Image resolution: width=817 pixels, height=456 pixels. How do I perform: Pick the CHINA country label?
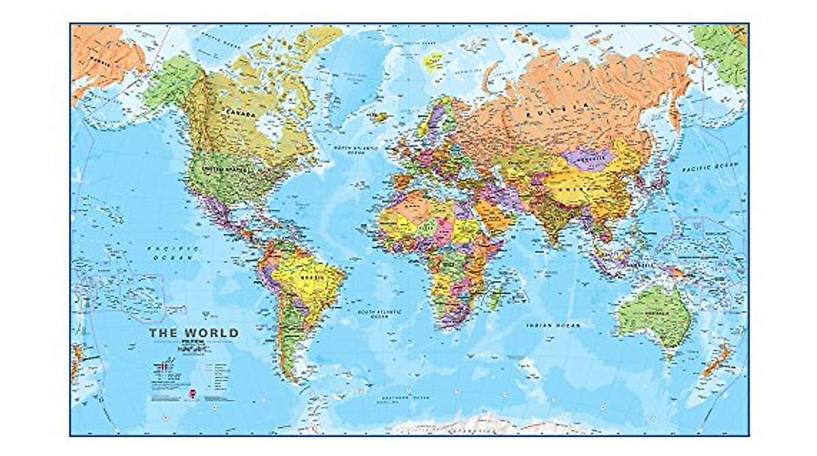tap(576, 183)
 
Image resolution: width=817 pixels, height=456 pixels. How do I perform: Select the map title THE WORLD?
tap(194, 333)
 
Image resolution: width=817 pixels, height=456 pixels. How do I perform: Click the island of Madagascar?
tap(497, 297)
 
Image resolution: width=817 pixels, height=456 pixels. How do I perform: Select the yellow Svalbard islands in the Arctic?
tap(433, 60)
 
